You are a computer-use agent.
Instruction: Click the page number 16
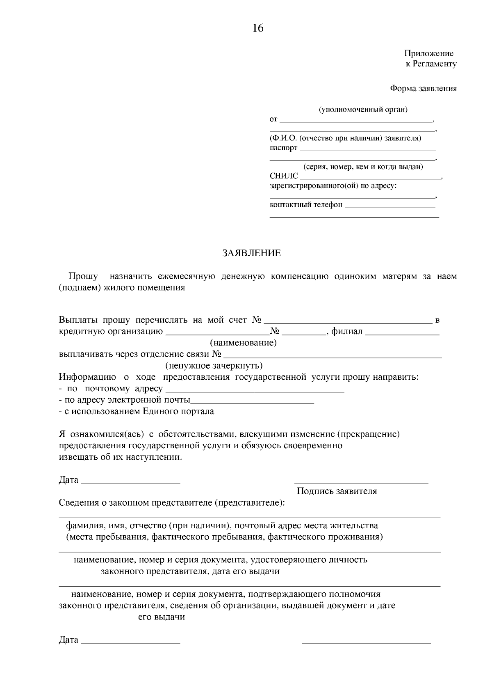pos(258,28)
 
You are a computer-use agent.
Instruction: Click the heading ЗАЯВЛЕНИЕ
pos(251,253)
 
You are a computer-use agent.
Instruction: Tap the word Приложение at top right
pos(429,53)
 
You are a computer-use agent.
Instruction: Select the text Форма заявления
pos(423,89)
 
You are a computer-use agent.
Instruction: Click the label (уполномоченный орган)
pos(363,110)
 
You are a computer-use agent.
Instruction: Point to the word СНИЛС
pos(284,177)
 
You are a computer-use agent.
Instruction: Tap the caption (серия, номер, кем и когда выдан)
pos(363,167)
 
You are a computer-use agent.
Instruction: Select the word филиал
pos(347,331)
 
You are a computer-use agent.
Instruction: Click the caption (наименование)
pos(243,343)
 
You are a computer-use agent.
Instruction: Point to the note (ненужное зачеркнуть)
pos(214,366)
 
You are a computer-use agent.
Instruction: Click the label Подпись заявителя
pos(337,491)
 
